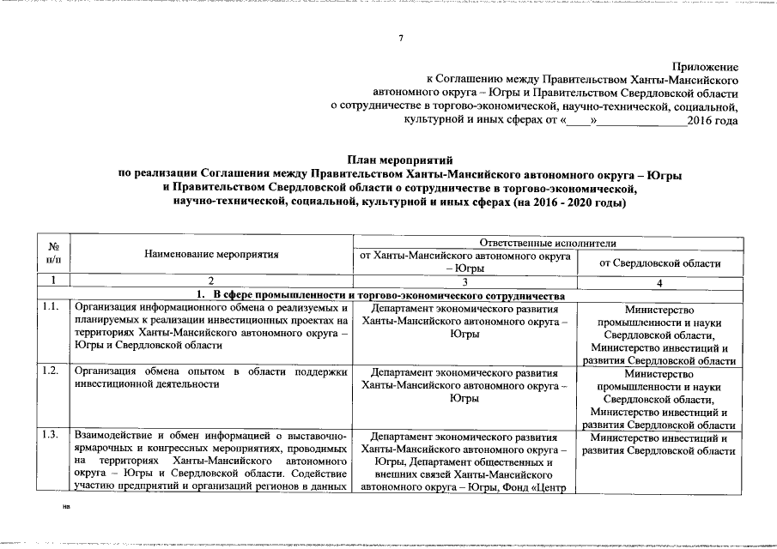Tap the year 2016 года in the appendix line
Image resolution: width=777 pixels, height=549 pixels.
click(712, 120)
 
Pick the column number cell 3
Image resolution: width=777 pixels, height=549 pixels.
click(464, 281)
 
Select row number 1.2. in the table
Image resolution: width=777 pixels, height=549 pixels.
click(50, 371)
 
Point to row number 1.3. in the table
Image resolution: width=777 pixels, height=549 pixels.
click(50, 436)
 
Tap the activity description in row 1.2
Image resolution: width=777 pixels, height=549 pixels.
click(210, 378)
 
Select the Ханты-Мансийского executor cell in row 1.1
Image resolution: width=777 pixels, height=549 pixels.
click(464, 321)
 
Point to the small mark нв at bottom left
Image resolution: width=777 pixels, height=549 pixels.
click(66, 507)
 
